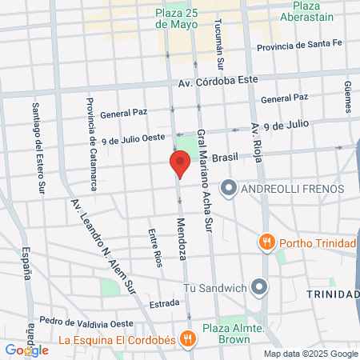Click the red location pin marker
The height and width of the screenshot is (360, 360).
(x=179, y=165)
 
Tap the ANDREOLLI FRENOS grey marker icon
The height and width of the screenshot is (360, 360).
(x=229, y=189)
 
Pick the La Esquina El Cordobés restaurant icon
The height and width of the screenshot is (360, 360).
(x=186, y=339)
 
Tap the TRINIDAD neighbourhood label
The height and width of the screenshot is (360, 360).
(x=331, y=295)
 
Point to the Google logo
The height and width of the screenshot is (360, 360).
(x=26, y=350)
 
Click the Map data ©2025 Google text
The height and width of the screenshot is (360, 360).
(x=310, y=354)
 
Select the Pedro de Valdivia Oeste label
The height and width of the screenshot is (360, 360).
(x=86, y=321)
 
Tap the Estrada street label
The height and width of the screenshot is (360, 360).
(x=162, y=303)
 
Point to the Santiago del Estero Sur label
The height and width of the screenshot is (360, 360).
(x=37, y=149)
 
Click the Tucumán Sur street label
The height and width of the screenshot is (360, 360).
(x=218, y=41)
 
